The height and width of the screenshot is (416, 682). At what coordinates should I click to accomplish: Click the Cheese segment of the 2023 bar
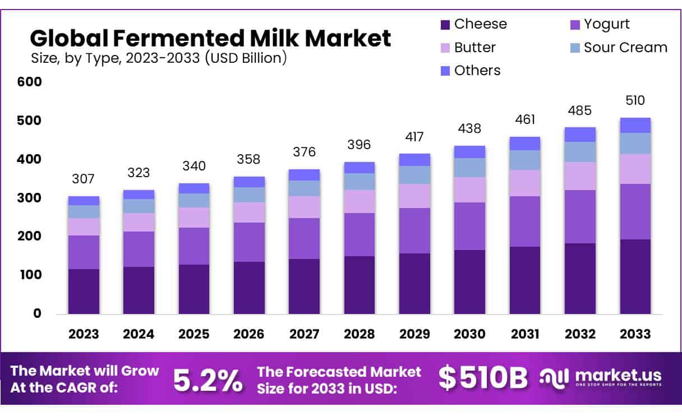84,291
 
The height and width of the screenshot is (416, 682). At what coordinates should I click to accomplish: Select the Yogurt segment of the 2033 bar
635,211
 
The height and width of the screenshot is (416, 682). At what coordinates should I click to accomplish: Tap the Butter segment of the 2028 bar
359,201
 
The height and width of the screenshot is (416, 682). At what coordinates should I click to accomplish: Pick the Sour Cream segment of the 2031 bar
524,160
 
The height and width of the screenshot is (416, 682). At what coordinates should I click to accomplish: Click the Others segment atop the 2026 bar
248,182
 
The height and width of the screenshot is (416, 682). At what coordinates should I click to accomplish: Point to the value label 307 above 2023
84,179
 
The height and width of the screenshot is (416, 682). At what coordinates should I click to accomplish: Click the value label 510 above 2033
635,101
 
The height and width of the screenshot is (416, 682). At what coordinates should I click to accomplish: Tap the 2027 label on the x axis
304,334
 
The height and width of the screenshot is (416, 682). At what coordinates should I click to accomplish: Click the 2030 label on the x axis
469,334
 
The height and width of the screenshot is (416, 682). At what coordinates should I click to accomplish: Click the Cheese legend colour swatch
445,25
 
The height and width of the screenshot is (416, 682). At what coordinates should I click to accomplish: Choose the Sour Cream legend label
625,48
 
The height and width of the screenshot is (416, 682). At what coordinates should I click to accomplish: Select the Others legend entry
477,71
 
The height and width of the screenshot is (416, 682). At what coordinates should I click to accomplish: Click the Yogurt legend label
606,24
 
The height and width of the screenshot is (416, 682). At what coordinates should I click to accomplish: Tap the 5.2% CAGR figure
208,380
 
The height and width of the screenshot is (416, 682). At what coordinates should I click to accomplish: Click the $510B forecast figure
483,379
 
